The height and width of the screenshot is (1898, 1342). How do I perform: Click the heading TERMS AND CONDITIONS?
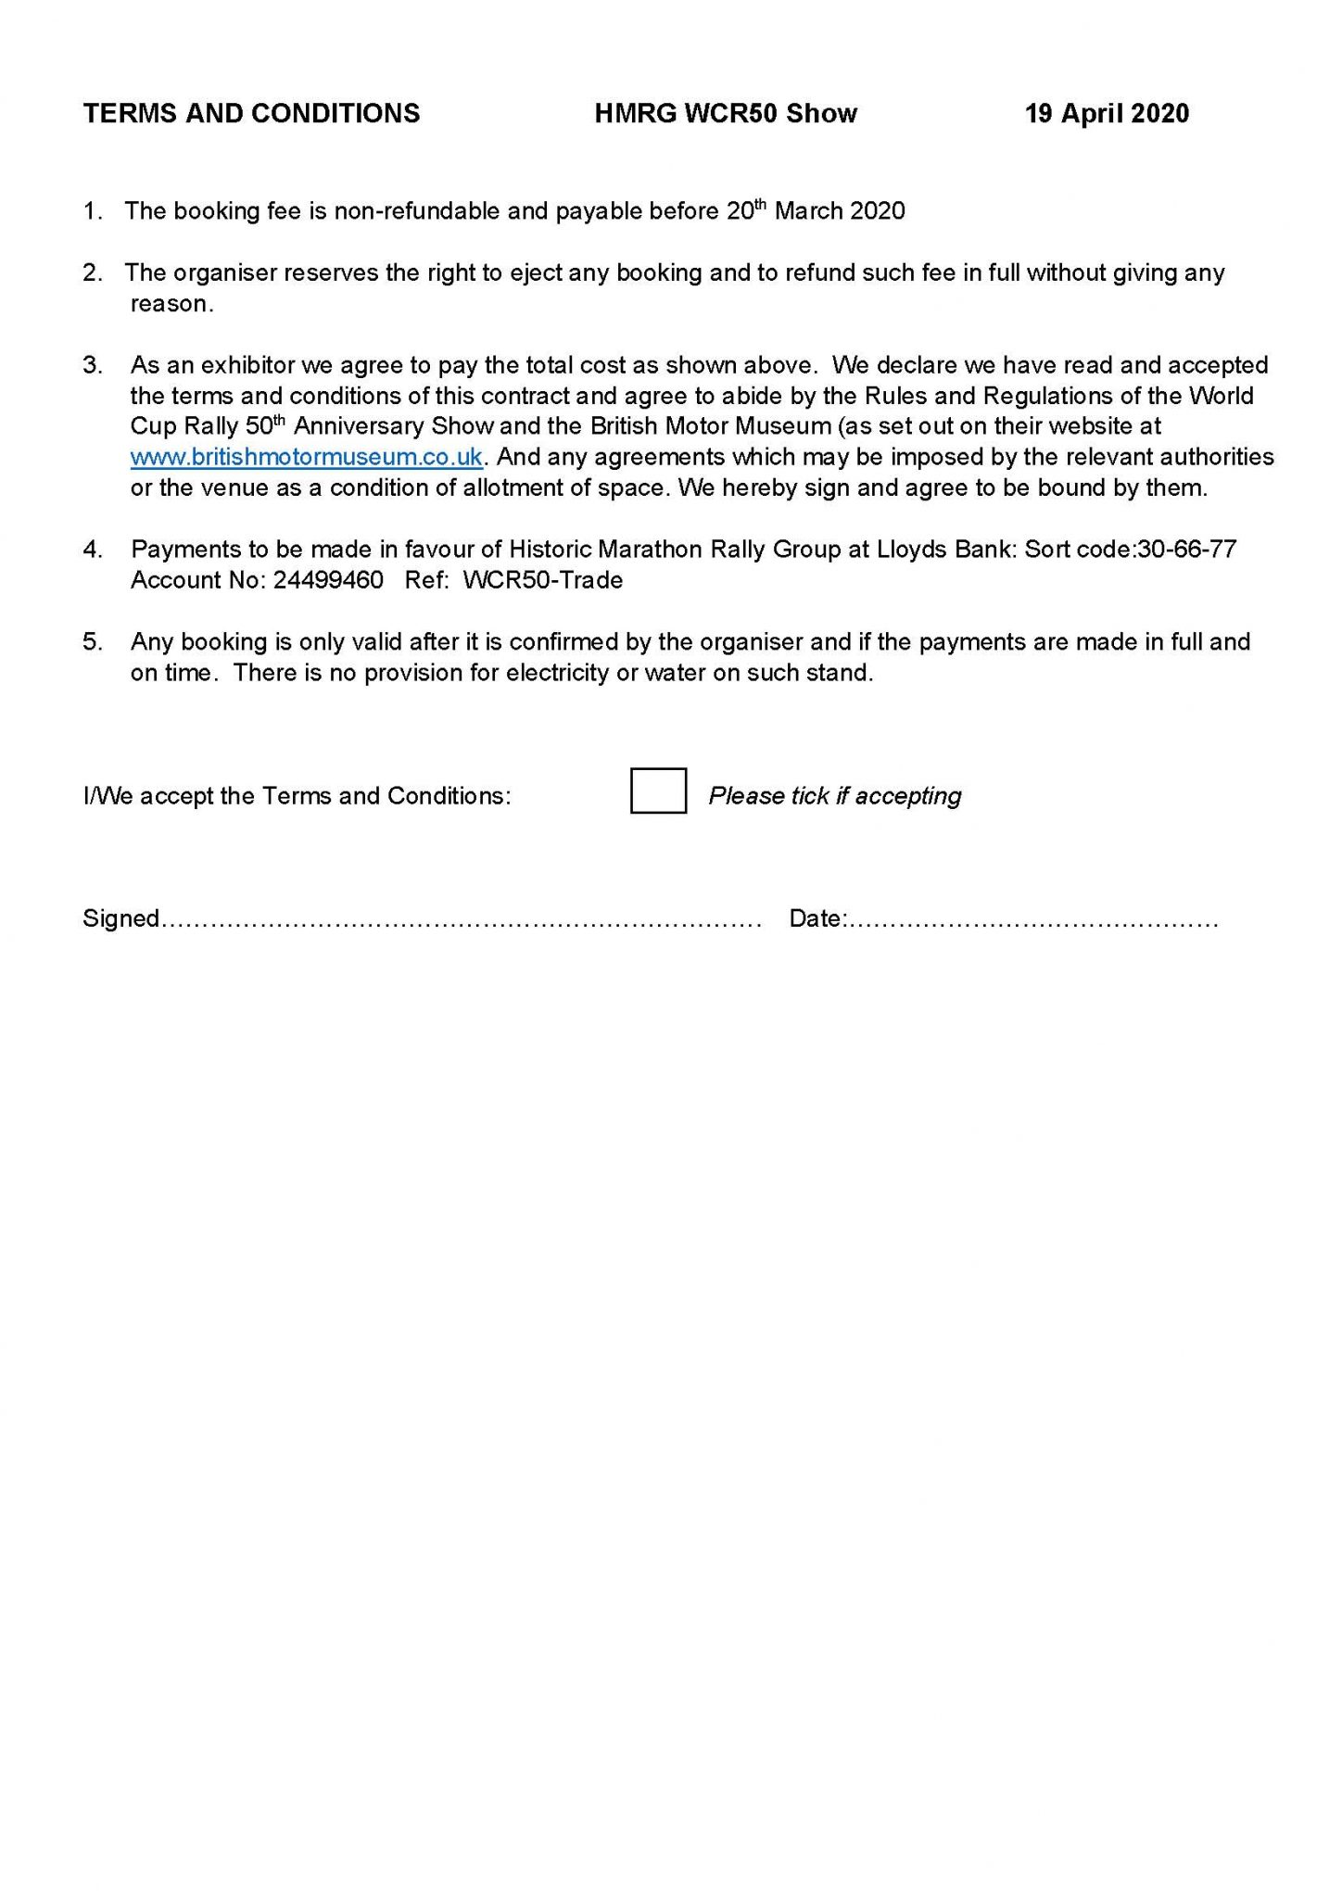pyautogui.click(x=251, y=114)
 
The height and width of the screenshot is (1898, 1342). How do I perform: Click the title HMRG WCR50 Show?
pyautogui.click(x=726, y=114)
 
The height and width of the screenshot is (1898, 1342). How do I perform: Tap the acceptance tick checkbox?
pyautogui.click(x=658, y=791)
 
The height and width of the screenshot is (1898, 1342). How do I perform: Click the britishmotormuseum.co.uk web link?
pyautogui.click(x=306, y=457)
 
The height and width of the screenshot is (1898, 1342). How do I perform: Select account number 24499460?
pyautogui.click(x=328, y=580)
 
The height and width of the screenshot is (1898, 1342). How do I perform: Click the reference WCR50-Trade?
pyautogui.click(x=542, y=580)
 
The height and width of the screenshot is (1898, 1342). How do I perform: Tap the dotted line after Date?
pyautogui.click(x=1033, y=920)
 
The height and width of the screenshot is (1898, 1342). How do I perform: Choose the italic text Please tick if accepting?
pyautogui.click(x=834, y=796)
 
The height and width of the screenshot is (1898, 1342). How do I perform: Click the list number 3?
pyautogui.click(x=93, y=365)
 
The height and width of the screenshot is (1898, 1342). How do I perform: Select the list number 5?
pyautogui.click(x=93, y=642)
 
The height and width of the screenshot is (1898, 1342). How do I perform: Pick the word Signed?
pyautogui.click(x=120, y=918)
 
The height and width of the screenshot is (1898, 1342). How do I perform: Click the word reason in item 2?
pyautogui.click(x=170, y=305)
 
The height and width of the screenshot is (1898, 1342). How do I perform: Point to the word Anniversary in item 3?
pyautogui.click(x=357, y=426)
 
